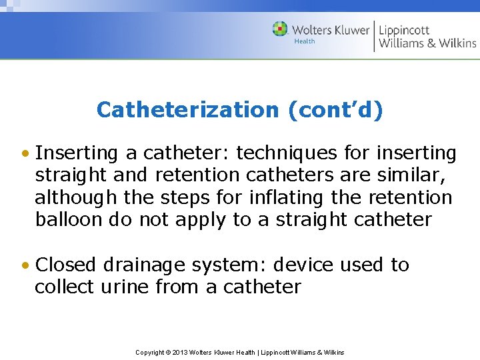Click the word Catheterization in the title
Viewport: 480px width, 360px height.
coord(186,110)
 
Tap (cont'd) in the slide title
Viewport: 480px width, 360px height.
coord(335,110)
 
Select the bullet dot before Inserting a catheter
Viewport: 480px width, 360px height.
coord(25,154)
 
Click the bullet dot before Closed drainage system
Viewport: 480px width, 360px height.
coord(25,265)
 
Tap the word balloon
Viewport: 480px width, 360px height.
coord(69,221)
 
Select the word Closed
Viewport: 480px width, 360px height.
coord(66,265)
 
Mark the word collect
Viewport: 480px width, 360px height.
coord(65,287)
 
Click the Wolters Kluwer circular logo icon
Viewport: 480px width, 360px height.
coord(280,29)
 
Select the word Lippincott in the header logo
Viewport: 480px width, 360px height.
coord(404,29)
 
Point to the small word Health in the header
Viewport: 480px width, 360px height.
coord(305,41)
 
